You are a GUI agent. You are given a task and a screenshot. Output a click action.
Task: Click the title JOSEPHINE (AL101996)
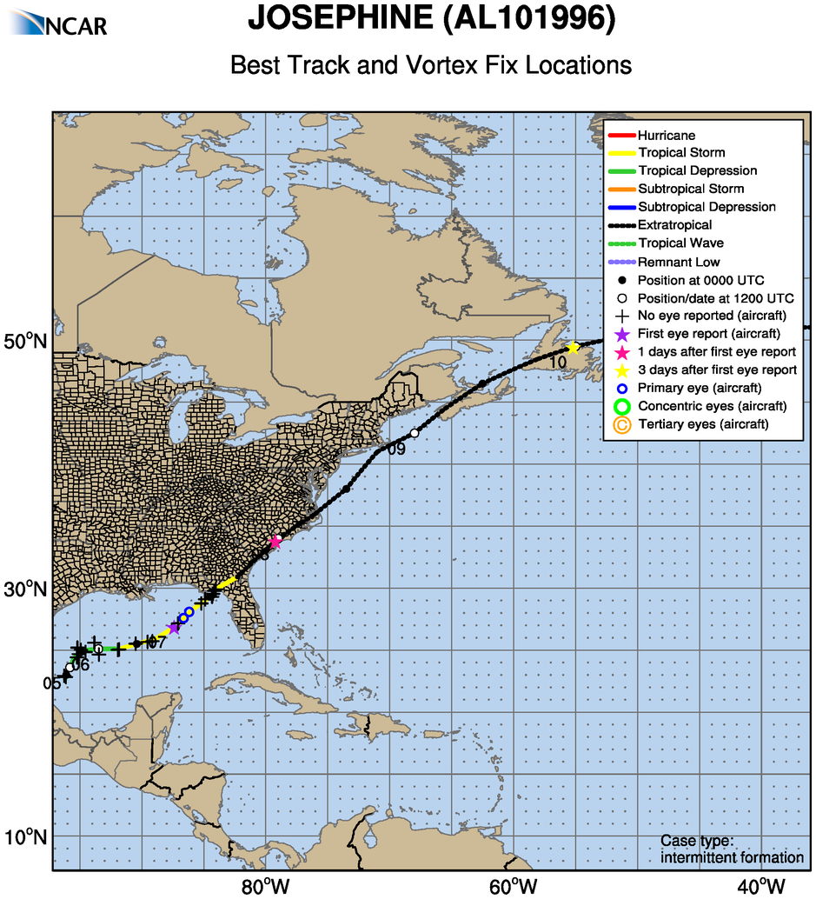click(x=431, y=19)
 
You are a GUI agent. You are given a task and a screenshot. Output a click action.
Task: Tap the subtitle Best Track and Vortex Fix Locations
click(x=431, y=65)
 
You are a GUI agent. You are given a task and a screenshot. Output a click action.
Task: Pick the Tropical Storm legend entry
click(x=680, y=153)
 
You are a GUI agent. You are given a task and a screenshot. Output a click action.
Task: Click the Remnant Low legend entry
click(x=678, y=262)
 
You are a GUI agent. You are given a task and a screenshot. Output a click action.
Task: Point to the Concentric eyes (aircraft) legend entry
click(x=711, y=406)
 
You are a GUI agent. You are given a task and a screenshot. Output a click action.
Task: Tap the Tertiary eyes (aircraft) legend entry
click(x=702, y=424)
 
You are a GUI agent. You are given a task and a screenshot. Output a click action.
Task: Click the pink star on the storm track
click(x=275, y=542)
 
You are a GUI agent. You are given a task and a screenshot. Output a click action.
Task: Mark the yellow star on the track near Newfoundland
click(x=573, y=348)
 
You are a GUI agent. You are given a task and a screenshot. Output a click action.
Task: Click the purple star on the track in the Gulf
click(x=175, y=627)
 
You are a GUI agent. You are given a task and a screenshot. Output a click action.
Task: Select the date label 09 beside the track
click(x=396, y=449)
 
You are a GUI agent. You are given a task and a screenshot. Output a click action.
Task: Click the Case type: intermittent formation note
click(x=732, y=849)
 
